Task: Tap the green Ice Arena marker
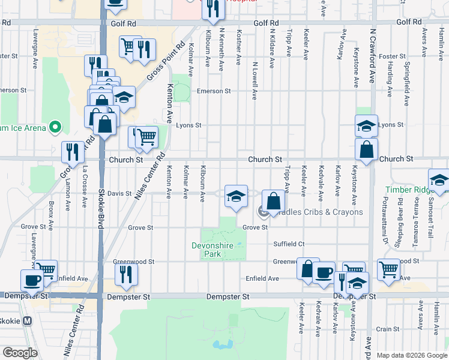pos(55,127)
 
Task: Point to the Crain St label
pos(388,329)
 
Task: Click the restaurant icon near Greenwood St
pos(126,274)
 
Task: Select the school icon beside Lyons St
pos(366,126)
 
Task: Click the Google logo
pos(20,353)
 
